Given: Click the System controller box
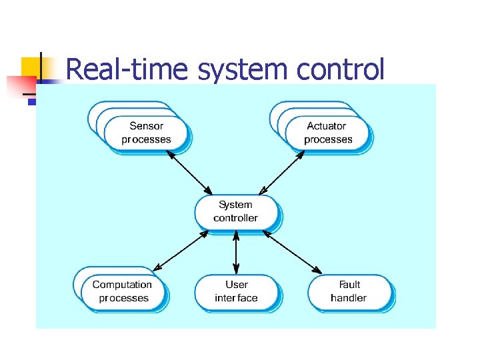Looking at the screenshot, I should (236, 211).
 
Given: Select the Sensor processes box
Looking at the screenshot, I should (147, 133).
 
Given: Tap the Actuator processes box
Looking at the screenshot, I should (327, 133).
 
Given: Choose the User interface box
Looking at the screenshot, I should (236, 291).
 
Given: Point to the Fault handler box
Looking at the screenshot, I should (349, 291).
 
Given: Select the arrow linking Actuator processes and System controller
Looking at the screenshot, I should (281, 171).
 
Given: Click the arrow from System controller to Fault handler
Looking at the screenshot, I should (291, 251).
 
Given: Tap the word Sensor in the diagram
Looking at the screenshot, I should (147, 126).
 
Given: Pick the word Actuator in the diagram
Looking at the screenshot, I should (327, 126).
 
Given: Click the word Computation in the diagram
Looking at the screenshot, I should (122, 285).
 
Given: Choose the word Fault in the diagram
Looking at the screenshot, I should (349, 285).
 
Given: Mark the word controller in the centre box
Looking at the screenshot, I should (236, 218).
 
